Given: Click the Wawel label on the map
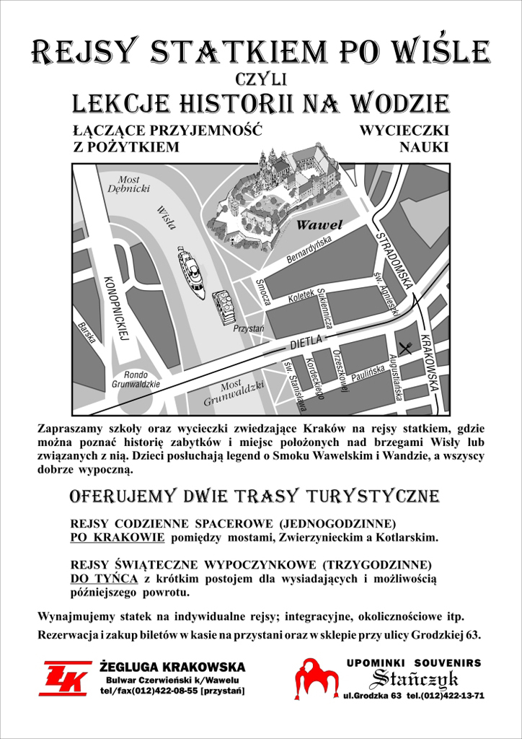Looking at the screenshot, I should pos(319,225).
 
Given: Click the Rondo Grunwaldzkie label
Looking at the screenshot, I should pos(136,380).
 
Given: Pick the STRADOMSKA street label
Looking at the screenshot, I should pos(394,259).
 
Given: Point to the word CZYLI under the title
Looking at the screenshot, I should pos(261,77).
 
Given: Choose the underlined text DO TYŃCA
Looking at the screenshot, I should pos(105,579).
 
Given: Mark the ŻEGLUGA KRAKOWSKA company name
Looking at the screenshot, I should pos(172,667).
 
